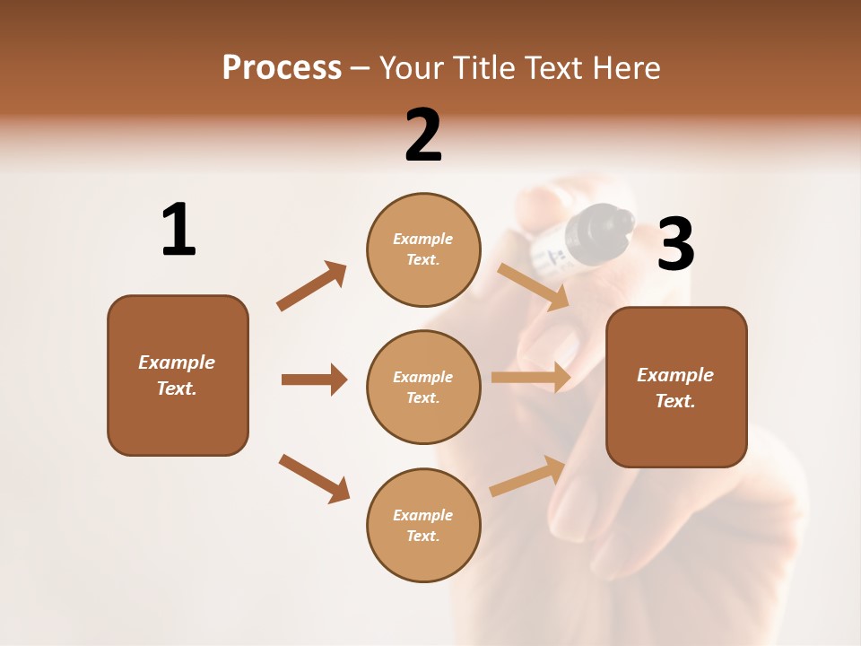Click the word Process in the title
pos(282,68)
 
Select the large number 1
pos(178,230)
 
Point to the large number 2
pos(423,135)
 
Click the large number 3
pos(675,244)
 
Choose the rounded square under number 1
pos(178,375)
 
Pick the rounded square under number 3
pos(676,387)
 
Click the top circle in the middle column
pos(423,249)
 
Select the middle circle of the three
pos(423,387)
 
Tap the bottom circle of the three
pos(423,525)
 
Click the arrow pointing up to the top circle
pos(312,286)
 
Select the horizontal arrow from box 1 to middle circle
pos(314,380)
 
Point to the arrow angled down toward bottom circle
pos(314,478)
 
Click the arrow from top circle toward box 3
pos(534,286)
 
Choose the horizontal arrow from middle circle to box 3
pos(531,378)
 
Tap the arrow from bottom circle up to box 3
pos(527,476)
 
